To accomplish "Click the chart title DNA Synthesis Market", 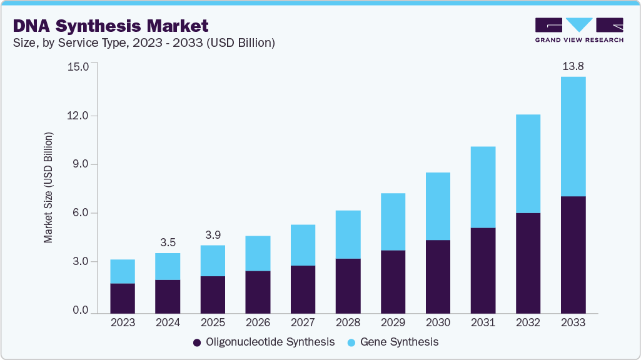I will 110,26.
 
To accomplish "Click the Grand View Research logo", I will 578,29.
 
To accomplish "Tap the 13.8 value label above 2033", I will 573,66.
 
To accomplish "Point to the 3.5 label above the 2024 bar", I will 168,242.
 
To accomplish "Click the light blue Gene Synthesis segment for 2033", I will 573,136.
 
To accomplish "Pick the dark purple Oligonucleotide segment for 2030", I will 438,276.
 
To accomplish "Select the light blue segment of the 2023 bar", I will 123,271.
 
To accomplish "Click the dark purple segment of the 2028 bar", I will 348,286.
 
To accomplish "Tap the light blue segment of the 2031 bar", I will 483,187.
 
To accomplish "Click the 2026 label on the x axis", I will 258,323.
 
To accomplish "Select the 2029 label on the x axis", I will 393,323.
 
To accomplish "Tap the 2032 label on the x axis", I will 528,323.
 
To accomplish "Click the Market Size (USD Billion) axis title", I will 48,187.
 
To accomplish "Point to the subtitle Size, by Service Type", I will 144,42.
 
